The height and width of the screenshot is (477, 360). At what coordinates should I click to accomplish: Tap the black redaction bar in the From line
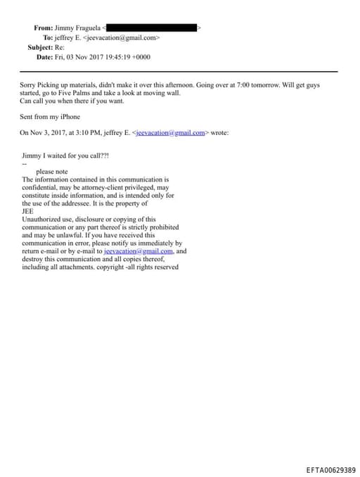point(151,28)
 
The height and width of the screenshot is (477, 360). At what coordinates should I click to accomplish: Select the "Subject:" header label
point(39,47)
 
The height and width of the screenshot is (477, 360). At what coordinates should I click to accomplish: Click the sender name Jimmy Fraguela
point(78,28)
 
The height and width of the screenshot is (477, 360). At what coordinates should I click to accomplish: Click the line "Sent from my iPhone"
point(50,117)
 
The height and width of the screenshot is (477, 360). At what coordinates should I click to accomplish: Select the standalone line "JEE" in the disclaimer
point(28,210)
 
